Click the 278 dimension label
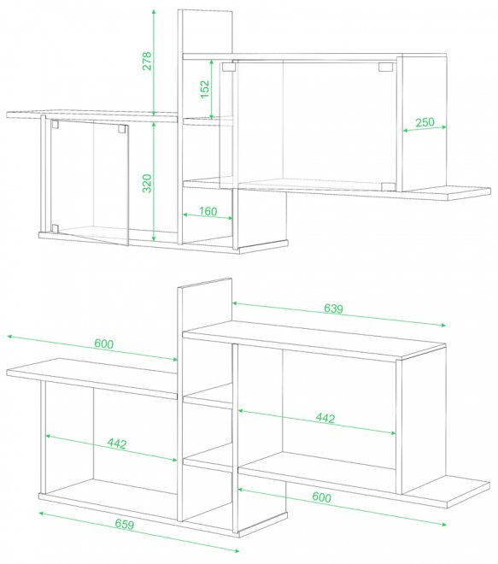point(147,61)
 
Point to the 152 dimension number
point(204,89)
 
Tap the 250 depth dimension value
point(425,122)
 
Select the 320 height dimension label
point(147,183)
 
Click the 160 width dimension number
point(208,211)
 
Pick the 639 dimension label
point(334,308)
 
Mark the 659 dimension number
point(125,524)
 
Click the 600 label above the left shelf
point(104,344)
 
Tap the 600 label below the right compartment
point(321,497)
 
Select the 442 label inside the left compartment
point(117,444)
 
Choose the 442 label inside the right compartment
point(325,418)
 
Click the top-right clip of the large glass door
point(385,67)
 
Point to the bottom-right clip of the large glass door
point(388,186)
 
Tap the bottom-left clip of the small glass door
point(55,228)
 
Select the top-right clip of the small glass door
point(122,129)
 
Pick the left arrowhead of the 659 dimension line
point(42,514)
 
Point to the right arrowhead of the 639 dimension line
point(442,325)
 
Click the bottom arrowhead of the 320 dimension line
point(154,238)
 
